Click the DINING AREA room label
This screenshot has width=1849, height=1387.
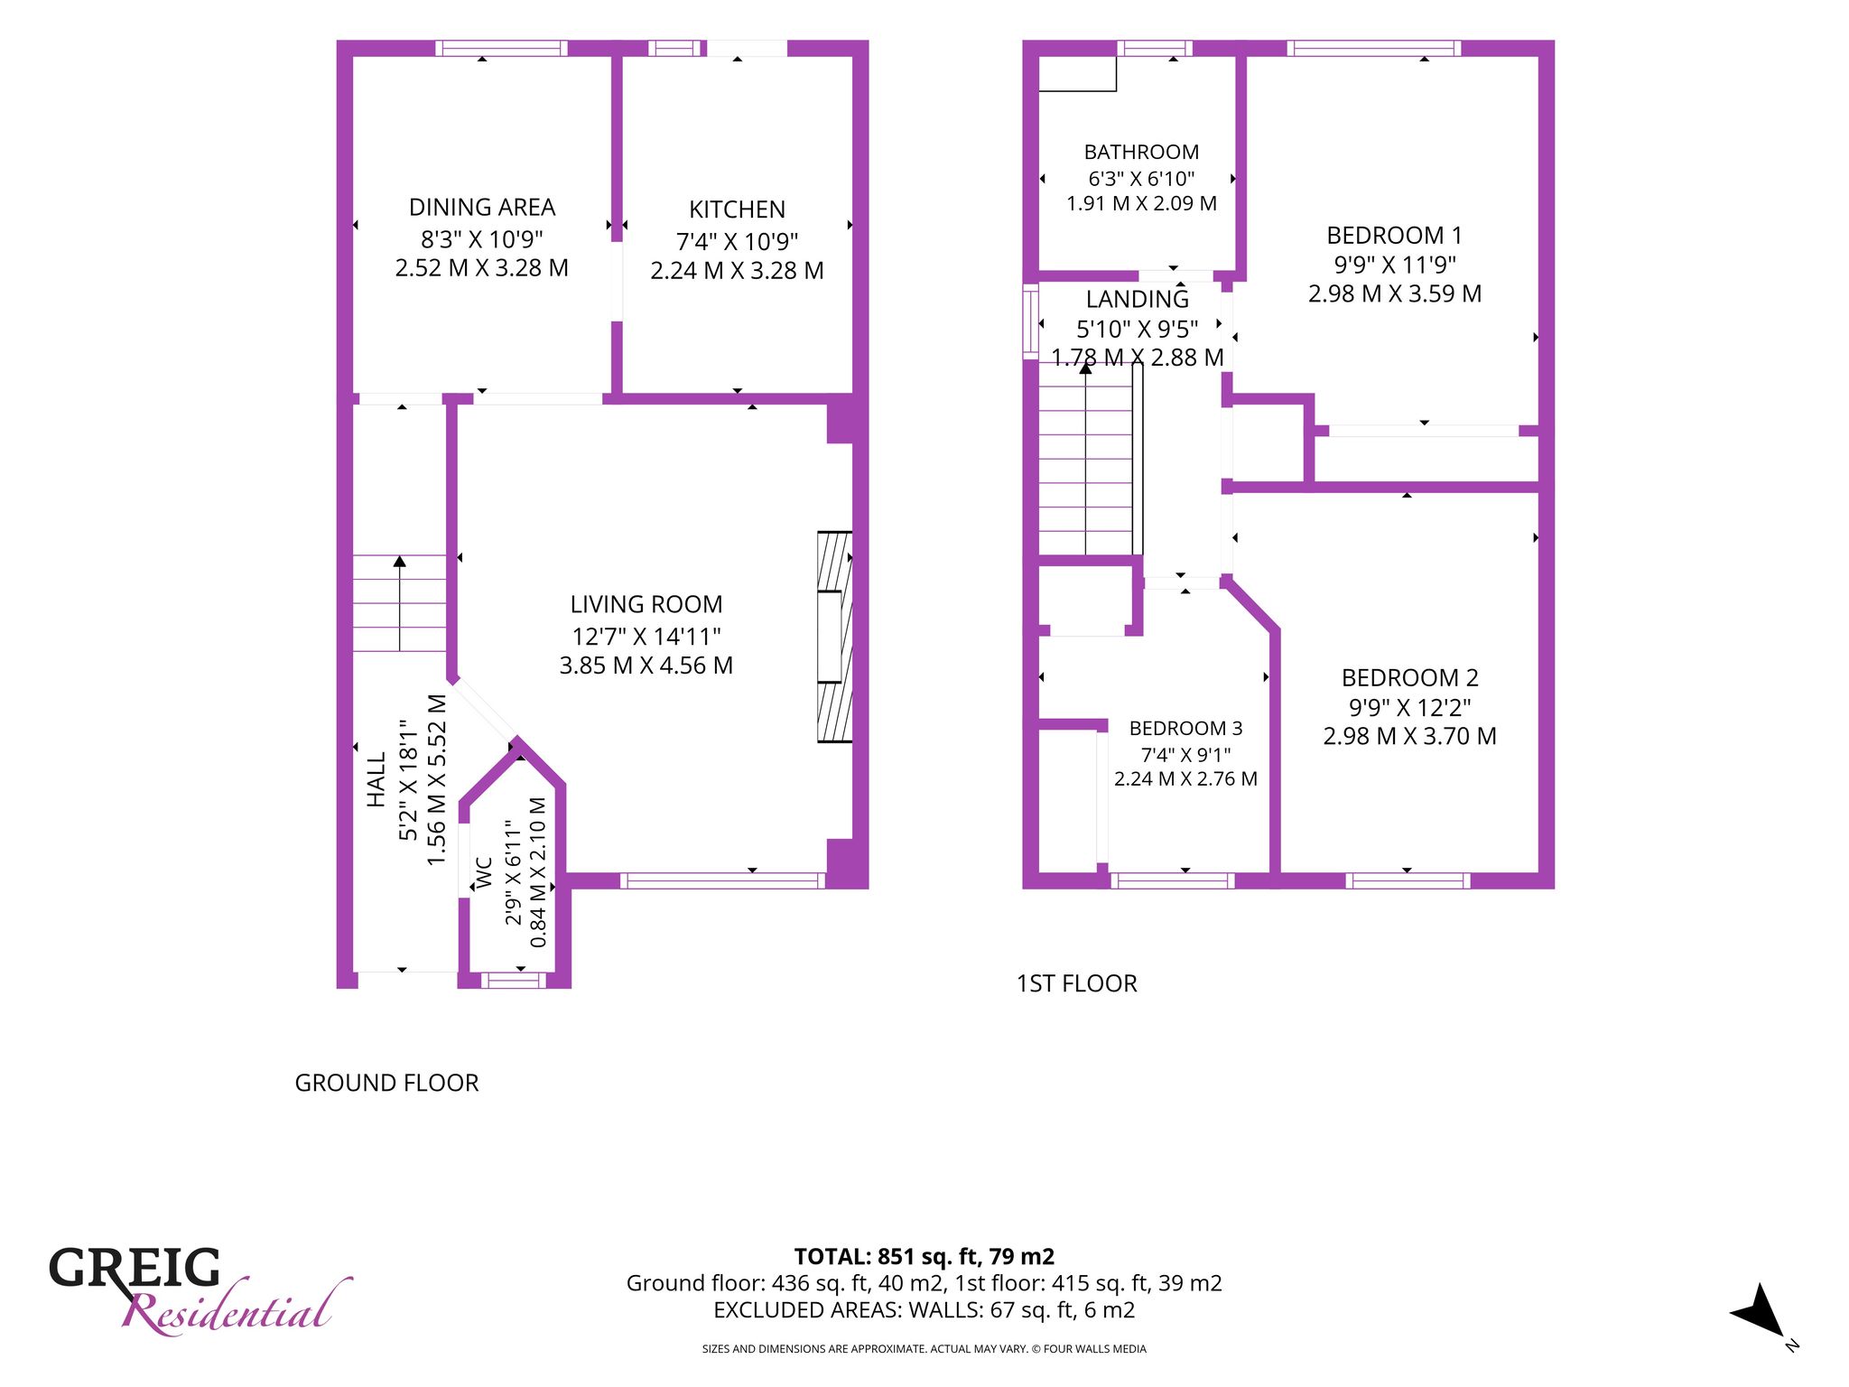click(482, 208)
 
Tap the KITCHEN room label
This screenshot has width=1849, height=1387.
click(737, 209)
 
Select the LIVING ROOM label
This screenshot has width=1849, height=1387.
click(646, 604)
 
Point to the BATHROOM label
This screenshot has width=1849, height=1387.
click(1141, 152)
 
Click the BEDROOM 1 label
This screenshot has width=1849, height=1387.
click(1394, 236)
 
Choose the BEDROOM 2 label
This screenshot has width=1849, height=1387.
click(1409, 677)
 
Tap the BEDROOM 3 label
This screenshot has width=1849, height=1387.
click(1185, 728)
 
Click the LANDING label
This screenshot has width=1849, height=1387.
click(1138, 299)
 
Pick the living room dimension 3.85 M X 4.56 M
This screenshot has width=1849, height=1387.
click(646, 666)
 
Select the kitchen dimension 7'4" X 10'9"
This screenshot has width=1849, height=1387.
click(737, 241)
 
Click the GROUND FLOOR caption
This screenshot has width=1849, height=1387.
click(386, 1083)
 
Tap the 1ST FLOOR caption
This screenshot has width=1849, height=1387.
click(1076, 983)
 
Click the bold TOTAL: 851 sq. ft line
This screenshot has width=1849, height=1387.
click(924, 1256)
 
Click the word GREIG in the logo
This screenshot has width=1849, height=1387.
click(135, 1268)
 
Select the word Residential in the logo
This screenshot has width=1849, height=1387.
click(237, 1308)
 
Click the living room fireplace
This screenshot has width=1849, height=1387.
click(834, 637)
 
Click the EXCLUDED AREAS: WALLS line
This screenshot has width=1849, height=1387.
click(924, 1309)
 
